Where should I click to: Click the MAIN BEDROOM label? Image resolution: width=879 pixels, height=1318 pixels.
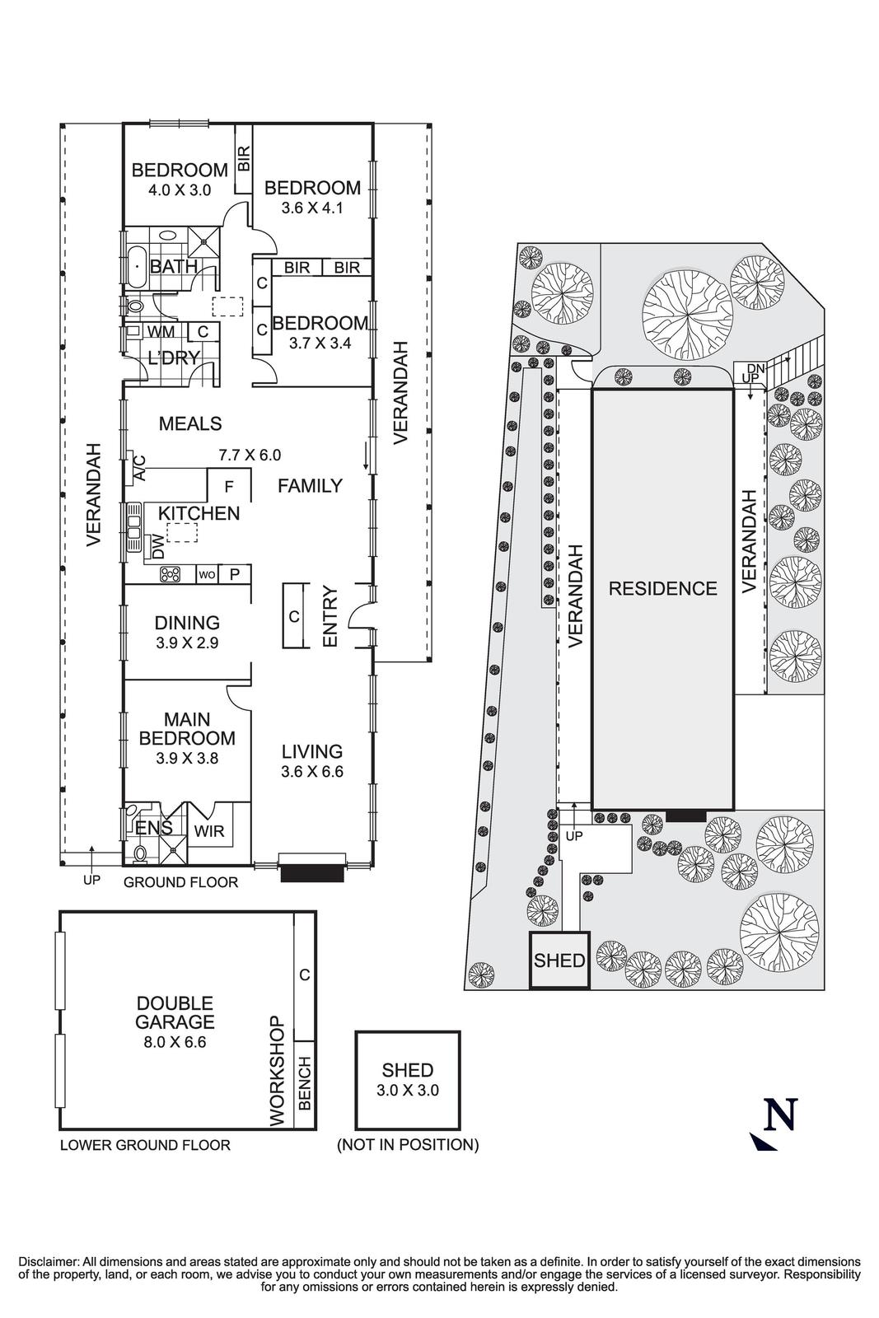pyautogui.click(x=187, y=728)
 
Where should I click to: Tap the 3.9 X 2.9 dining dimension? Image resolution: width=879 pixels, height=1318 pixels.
pyautogui.click(x=187, y=643)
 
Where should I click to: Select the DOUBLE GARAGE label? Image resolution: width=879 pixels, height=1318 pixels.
pyautogui.click(x=175, y=1012)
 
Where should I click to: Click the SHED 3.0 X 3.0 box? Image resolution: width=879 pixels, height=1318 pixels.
pyautogui.click(x=408, y=1080)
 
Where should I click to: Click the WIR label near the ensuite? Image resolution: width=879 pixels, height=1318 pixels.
pyautogui.click(x=209, y=831)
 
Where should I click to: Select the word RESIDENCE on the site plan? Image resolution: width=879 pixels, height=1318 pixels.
pyautogui.click(x=662, y=588)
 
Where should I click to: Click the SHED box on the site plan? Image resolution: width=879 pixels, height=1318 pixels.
pyautogui.click(x=559, y=960)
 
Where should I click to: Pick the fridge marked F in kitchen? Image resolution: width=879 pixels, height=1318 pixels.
pyautogui.click(x=229, y=485)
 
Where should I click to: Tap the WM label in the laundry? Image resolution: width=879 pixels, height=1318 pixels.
pyautogui.click(x=161, y=331)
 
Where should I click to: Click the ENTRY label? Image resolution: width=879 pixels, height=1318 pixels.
pyautogui.click(x=330, y=616)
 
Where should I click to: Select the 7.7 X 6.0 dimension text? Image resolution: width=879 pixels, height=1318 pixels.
pyautogui.click(x=250, y=454)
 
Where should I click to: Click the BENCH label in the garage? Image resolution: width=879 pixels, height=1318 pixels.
pyautogui.click(x=304, y=1083)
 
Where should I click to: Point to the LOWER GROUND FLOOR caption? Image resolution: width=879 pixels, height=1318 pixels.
pyautogui.click(x=145, y=1144)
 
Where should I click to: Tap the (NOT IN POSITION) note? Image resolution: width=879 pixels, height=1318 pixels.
pyautogui.click(x=408, y=1144)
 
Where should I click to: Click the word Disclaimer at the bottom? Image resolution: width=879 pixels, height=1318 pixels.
pyautogui.click(x=47, y=1261)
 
